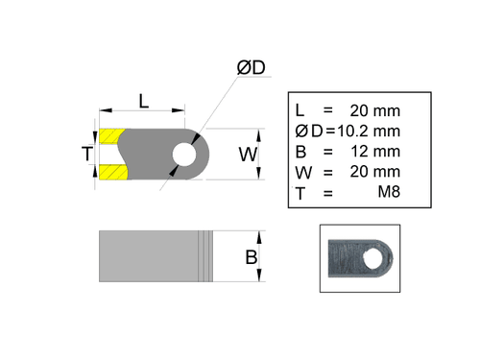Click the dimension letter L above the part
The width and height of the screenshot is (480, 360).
pos(143,100)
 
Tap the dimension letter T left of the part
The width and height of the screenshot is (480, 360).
pos(87,154)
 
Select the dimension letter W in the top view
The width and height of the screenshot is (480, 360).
pos(248,154)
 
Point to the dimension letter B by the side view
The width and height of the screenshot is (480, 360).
pos(250,257)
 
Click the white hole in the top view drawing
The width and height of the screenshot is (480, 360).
pos(182,154)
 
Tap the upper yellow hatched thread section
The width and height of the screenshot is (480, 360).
pos(111,135)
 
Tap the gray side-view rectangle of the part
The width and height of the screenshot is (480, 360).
pos(149,256)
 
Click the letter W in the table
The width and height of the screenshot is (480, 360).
pos(301,173)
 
